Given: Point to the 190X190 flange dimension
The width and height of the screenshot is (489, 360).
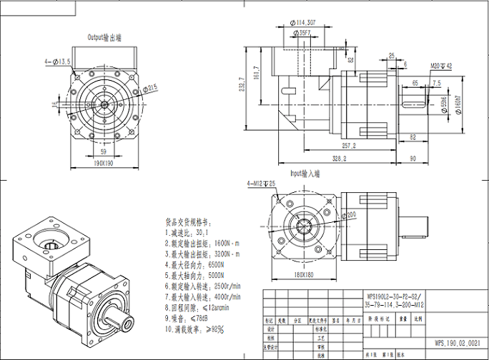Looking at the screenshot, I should [104, 162].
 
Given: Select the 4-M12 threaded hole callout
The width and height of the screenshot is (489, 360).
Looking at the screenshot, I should [262, 184].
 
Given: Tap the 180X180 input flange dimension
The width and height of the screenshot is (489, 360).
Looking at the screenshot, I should [302, 274].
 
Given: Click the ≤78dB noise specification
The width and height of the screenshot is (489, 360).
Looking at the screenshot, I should [199, 317].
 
